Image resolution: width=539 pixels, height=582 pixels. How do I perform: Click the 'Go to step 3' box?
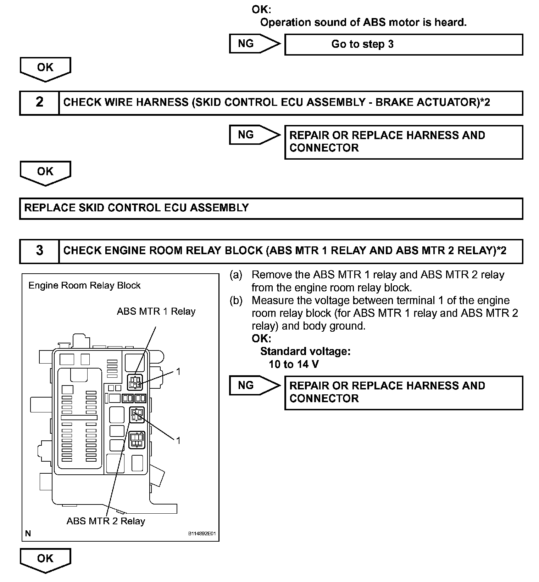pyautogui.click(x=404, y=44)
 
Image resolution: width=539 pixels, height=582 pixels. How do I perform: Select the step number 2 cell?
pyautogui.click(x=39, y=103)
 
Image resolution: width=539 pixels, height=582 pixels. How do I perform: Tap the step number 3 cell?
pyautogui.click(x=39, y=251)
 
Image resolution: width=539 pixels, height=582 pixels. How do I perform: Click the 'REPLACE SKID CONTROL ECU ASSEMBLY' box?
pyautogui.click(x=271, y=208)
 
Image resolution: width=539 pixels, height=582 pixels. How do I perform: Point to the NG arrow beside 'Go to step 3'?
pyautogui.click(x=254, y=44)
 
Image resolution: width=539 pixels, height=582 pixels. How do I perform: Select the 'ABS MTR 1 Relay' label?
pyautogui.click(x=156, y=312)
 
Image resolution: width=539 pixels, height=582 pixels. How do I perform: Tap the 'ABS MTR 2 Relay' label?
pyautogui.click(x=106, y=521)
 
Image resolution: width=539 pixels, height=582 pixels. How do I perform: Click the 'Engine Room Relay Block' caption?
pyautogui.click(x=84, y=286)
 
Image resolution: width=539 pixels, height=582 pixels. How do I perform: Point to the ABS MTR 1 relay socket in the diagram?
pyautogui.click(x=135, y=382)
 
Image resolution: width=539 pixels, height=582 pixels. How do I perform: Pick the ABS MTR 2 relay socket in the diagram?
pyautogui.click(x=137, y=415)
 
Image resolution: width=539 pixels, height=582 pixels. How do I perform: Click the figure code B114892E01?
pyautogui.click(x=202, y=533)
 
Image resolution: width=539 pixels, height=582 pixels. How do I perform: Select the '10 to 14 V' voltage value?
pyautogui.click(x=294, y=364)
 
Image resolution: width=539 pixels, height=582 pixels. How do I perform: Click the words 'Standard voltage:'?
pyautogui.click(x=305, y=351)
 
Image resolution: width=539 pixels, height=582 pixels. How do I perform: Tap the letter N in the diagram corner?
pyautogui.click(x=28, y=533)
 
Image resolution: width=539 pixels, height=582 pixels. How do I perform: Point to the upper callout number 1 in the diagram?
pyautogui.click(x=178, y=371)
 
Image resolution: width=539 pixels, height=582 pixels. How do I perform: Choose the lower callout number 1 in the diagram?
pyautogui.click(x=178, y=440)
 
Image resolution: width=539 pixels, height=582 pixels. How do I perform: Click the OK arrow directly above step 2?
pyautogui.click(x=45, y=69)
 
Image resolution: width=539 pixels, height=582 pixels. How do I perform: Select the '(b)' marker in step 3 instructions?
pyautogui.click(x=236, y=301)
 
